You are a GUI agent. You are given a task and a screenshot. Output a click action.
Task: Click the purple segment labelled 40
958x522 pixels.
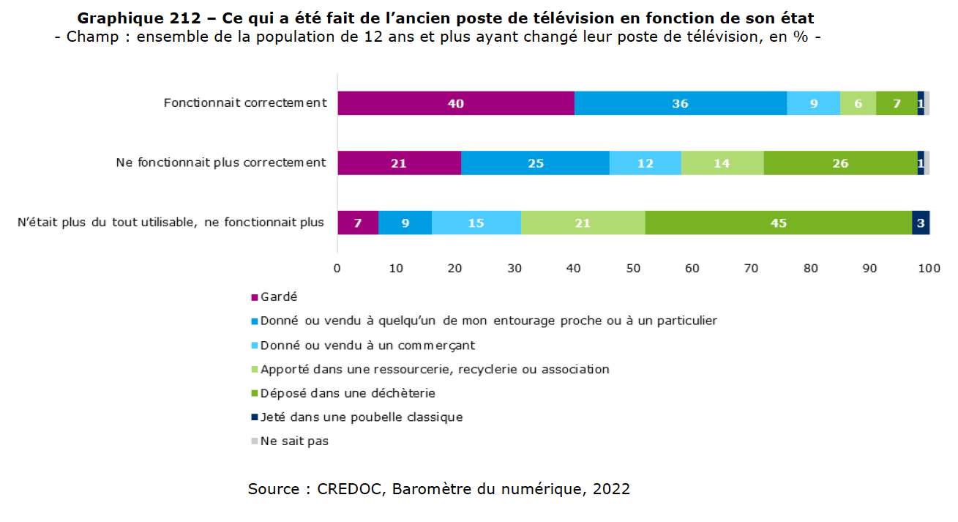coord(455,104)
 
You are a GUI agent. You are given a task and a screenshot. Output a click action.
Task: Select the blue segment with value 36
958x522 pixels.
coord(680,104)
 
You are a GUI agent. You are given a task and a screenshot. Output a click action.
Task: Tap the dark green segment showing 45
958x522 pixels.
coord(778,223)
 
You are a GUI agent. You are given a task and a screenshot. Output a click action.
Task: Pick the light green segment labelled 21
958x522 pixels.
coord(583,223)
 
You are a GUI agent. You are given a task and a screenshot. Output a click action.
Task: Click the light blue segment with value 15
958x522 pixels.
coord(476,223)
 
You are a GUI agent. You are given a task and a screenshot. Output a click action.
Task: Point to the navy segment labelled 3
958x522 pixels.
coord(921,223)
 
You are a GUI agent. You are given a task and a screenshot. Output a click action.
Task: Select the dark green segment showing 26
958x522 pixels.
coord(840,163)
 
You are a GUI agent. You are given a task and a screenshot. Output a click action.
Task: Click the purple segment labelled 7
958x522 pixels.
coord(357,223)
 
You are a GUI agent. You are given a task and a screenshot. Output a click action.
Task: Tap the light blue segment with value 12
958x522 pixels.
coord(645,163)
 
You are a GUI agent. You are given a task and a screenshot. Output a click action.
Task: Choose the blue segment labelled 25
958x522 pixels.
coord(535,163)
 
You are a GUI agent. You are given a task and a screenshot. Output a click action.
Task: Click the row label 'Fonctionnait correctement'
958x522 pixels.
coord(245,103)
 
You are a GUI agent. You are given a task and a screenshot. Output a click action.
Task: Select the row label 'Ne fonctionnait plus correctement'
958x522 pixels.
coord(221,163)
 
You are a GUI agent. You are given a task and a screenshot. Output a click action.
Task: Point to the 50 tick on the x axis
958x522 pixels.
coord(633,268)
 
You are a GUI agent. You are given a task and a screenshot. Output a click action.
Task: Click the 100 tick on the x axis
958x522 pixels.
coord(929,268)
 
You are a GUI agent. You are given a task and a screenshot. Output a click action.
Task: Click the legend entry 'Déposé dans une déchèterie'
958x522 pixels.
coord(348,393)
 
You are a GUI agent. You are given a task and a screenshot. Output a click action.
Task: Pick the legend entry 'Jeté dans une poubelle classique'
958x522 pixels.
coord(362,417)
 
